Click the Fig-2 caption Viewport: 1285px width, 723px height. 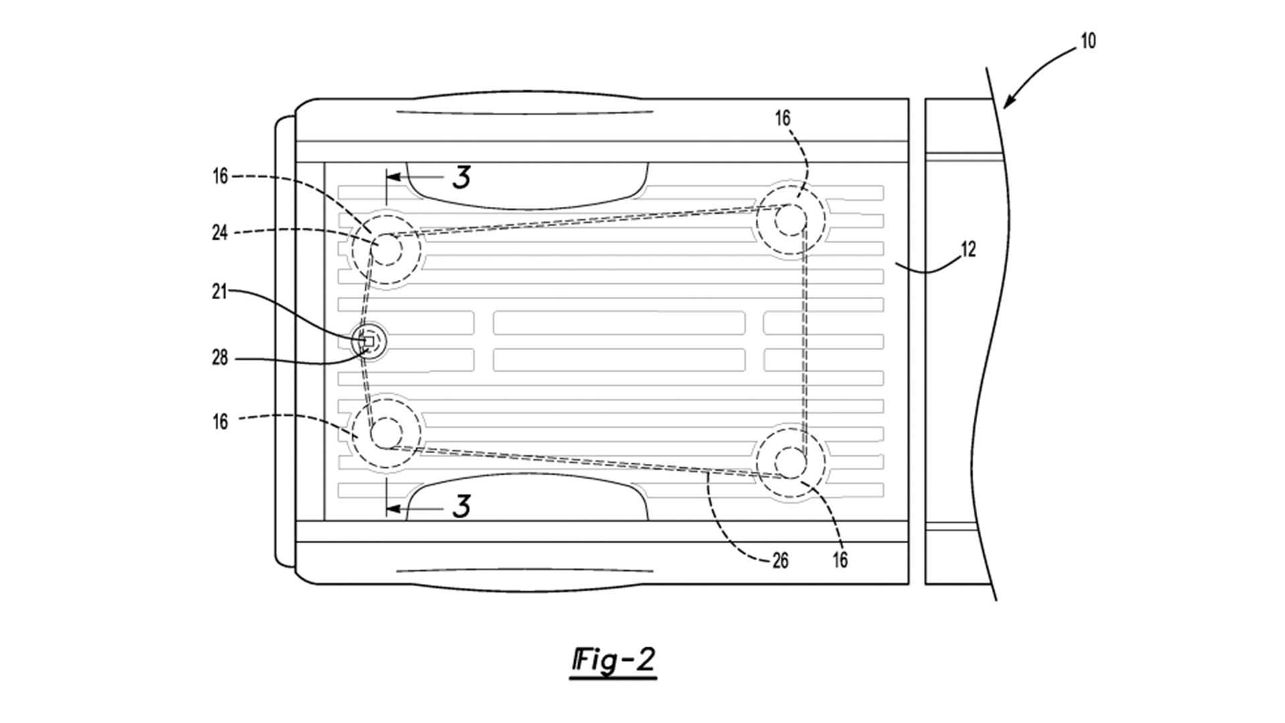[613, 661]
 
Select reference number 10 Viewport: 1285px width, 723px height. [1088, 41]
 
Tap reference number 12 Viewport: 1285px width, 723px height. [968, 250]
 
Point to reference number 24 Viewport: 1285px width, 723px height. [220, 233]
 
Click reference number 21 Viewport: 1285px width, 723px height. [220, 292]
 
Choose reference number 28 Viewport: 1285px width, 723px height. [220, 358]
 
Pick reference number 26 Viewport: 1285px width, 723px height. [780, 560]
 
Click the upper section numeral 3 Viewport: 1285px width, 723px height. [461, 177]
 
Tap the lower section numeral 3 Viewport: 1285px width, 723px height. [461, 507]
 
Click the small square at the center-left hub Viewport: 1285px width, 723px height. [368, 341]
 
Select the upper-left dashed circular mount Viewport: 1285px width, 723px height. [386, 249]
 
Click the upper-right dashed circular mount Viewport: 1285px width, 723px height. [790, 219]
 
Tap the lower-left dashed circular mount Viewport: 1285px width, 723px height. [386, 432]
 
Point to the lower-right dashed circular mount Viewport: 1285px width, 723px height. [790, 462]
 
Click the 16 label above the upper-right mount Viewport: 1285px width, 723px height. [782, 118]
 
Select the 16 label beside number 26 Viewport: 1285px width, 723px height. [840, 560]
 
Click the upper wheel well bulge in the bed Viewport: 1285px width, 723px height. [527, 184]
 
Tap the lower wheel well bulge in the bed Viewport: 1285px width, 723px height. [527, 497]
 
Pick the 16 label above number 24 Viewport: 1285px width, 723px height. [220, 177]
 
